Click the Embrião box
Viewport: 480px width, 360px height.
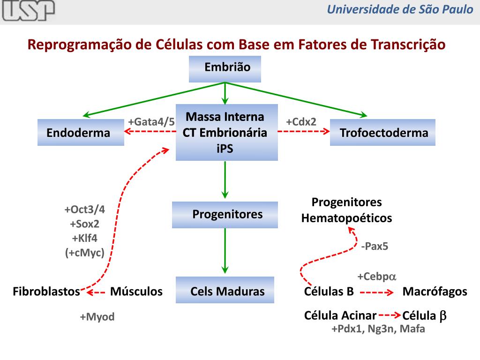pyautogui.click(x=225, y=68)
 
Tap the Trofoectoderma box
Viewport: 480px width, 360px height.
pyautogui.click(x=383, y=133)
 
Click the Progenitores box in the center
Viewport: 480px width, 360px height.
pyautogui.click(x=225, y=215)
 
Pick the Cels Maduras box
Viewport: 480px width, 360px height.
pyautogui.click(x=225, y=291)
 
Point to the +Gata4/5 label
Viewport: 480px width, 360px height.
pyautogui.click(x=151, y=122)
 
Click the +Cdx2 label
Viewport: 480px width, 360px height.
pyautogui.click(x=301, y=122)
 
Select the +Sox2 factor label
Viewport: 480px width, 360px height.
pyautogui.click(x=84, y=224)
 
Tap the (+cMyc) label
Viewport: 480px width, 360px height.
pyautogui.click(x=84, y=253)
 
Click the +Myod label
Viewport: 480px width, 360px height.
pyautogui.click(x=97, y=317)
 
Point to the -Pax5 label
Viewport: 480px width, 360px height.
pyautogui.click(x=375, y=246)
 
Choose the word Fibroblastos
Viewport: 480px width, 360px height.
pyautogui.click(x=46, y=292)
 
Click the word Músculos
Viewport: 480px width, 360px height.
pyautogui.click(x=136, y=292)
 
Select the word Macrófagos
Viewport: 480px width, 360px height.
pyautogui.click(x=435, y=292)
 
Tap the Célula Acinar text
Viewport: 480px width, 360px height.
pyautogui.click(x=340, y=315)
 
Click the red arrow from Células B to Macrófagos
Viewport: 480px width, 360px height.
pyautogui.click(x=377, y=293)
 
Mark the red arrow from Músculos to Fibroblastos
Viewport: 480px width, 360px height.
pyautogui.click(x=96, y=293)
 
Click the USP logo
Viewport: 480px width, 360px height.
pyautogui.click(x=28, y=11)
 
